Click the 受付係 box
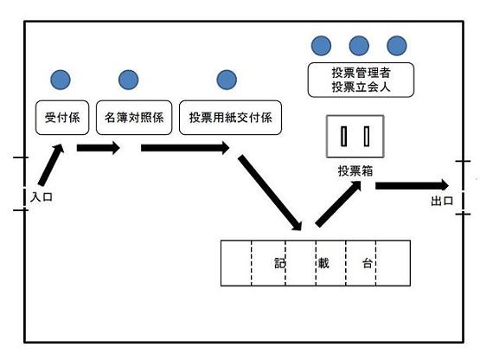pos(62,118)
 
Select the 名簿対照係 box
pos(134,118)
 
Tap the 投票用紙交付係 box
pos(230,118)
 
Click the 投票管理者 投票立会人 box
pos(361,80)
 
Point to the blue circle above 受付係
pos(61,80)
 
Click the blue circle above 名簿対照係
pos(129,80)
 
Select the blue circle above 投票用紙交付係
pos(227,80)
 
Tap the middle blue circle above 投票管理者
pos(359,46)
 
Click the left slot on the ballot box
pos(344,137)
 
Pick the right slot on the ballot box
pos(367,137)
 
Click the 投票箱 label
pos(355,171)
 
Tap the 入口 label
pos(42,196)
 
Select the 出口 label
pos(442,201)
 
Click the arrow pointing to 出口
pos(412,186)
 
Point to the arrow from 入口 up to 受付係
pos(51,164)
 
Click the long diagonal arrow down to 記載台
pos(270,193)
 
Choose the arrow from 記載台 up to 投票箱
pos(338,203)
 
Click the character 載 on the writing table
pos(323,263)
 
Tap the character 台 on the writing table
pos(368,263)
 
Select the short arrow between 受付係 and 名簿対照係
pos(99,148)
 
